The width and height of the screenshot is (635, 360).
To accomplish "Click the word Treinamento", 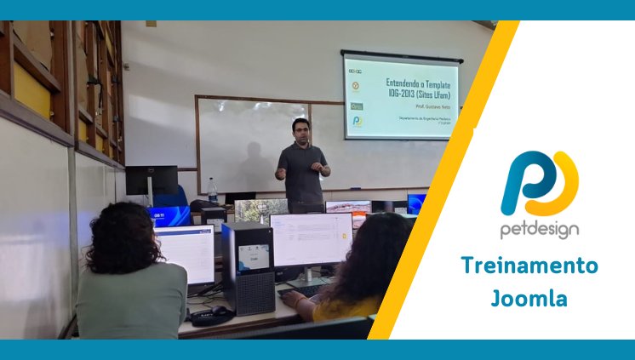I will (529, 266).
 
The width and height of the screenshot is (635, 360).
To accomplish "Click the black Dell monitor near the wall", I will (152, 180).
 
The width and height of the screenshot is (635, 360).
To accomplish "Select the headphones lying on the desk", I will (209, 316).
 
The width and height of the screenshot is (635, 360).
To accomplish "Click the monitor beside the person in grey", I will (186, 254).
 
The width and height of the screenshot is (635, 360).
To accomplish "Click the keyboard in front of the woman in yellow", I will (300, 289).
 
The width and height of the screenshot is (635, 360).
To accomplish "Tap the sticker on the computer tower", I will (254, 255).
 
